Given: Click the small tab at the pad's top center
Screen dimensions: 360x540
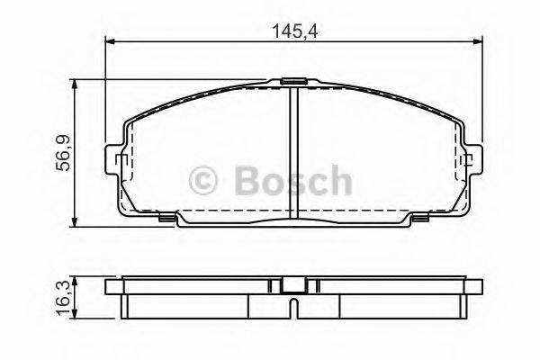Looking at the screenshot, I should [x=292, y=82].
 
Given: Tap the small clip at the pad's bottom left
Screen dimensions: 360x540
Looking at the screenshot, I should [x=166, y=217].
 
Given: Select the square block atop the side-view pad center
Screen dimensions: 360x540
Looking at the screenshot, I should [x=292, y=284].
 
